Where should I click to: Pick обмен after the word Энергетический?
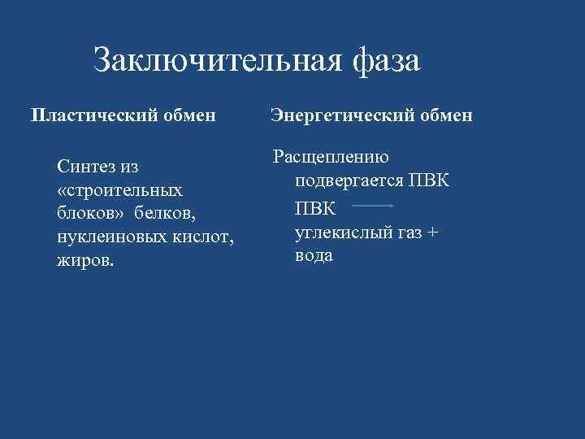(446, 115)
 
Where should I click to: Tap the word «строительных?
(119, 191)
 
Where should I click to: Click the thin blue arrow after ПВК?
(374, 206)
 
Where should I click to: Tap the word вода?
(314, 255)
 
